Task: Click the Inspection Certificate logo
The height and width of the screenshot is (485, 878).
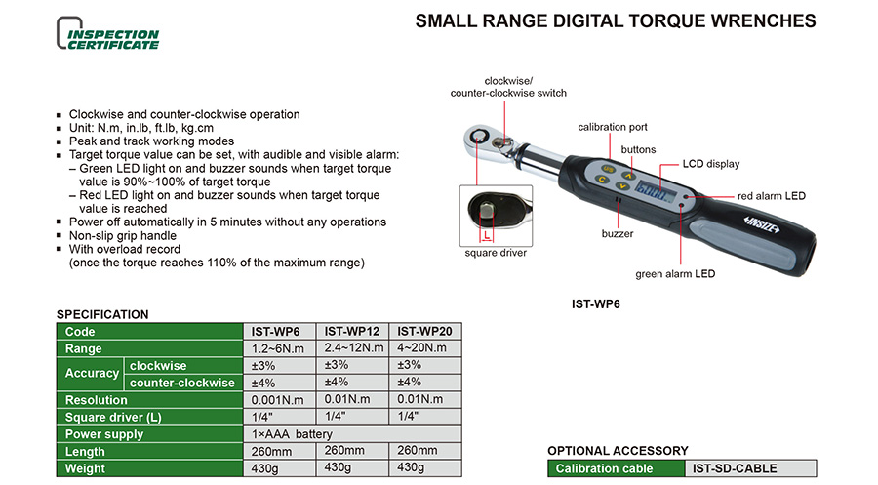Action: (x=108, y=33)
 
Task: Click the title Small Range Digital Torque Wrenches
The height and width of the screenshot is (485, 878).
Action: (x=616, y=21)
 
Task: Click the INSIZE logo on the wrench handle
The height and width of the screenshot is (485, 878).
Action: (x=762, y=224)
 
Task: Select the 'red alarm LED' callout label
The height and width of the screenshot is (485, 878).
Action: (x=771, y=196)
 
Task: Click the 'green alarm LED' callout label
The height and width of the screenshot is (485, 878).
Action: (x=675, y=274)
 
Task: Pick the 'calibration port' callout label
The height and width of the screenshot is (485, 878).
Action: (x=613, y=127)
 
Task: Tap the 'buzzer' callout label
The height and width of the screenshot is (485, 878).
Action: (x=618, y=233)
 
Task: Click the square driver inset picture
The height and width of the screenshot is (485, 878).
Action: (x=496, y=216)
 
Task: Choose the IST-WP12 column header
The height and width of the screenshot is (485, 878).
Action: (x=352, y=332)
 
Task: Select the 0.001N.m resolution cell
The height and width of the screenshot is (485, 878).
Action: (x=279, y=400)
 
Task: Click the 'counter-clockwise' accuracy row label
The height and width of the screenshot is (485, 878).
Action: (x=182, y=383)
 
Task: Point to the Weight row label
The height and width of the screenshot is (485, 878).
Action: (x=85, y=468)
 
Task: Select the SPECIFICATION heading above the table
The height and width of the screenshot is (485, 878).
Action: (x=102, y=314)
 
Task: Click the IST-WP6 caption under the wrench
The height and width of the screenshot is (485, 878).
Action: (x=596, y=304)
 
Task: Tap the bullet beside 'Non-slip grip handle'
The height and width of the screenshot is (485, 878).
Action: (x=59, y=236)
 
